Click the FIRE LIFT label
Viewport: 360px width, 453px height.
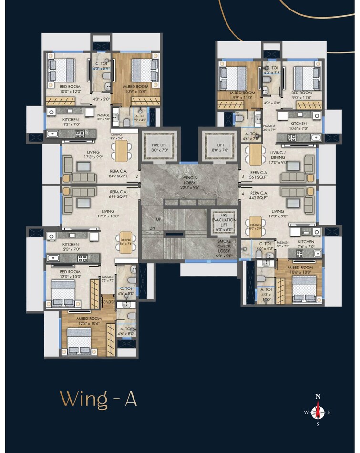(159, 147)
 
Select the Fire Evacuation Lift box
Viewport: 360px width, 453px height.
(224, 222)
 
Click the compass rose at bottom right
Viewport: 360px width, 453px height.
(318, 412)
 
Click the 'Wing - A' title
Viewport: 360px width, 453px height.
(99, 399)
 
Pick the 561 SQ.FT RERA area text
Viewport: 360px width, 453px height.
(258, 175)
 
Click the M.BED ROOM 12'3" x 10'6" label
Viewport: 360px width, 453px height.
(89, 320)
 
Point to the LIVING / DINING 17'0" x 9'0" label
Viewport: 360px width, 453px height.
(277, 159)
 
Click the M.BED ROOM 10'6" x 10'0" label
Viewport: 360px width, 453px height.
(301, 269)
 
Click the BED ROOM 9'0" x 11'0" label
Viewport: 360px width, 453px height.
(301, 95)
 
